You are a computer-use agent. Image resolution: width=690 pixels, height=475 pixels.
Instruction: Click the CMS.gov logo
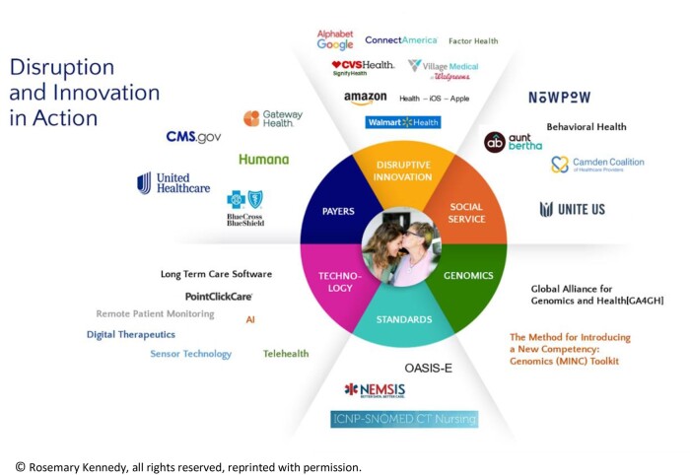[193, 137]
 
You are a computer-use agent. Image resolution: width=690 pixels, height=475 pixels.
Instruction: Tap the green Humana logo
[263, 159]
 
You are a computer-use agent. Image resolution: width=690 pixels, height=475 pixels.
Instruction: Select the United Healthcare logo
[173, 183]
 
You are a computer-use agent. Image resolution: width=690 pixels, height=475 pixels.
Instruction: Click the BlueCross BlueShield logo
[245, 207]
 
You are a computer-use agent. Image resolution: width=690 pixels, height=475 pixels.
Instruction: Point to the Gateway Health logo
[273, 118]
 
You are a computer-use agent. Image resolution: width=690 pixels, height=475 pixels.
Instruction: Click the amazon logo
[365, 99]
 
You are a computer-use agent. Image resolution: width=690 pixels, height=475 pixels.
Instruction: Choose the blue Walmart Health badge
[402, 122]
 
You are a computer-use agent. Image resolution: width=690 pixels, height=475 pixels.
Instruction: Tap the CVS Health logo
[363, 67]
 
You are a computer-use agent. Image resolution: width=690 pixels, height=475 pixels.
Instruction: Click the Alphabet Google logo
[335, 39]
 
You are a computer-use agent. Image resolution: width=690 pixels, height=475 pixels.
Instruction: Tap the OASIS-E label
[428, 367]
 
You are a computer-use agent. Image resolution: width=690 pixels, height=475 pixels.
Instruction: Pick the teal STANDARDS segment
[404, 319]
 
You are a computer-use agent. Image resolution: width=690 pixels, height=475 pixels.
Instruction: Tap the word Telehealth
[286, 354]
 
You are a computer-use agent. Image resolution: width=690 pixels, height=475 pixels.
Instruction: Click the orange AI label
[250, 319]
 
